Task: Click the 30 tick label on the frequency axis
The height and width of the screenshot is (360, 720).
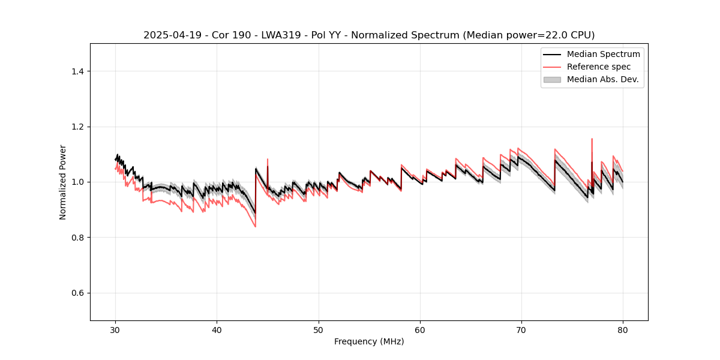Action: pos(115,329)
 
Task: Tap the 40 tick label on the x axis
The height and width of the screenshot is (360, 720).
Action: pos(217,329)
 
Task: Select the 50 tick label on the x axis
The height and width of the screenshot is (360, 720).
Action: pos(319,329)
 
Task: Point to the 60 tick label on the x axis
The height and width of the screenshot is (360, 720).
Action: pos(420,329)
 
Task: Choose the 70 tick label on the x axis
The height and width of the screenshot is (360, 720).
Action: pos(521,329)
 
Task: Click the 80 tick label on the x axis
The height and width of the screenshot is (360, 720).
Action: pos(623,329)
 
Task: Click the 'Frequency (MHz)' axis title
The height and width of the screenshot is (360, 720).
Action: pos(369,341)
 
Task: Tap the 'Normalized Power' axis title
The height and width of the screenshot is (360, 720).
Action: pos(63,182)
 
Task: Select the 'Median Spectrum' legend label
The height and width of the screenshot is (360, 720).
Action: pos(603,54)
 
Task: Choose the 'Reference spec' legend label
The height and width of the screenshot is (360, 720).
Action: pos(598,67)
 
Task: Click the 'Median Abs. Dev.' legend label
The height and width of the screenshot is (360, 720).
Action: pos(602,79)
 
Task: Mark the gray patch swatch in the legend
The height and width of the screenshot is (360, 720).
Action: pos(552,79)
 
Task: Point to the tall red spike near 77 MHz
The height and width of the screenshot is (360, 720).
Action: pos(592,140)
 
